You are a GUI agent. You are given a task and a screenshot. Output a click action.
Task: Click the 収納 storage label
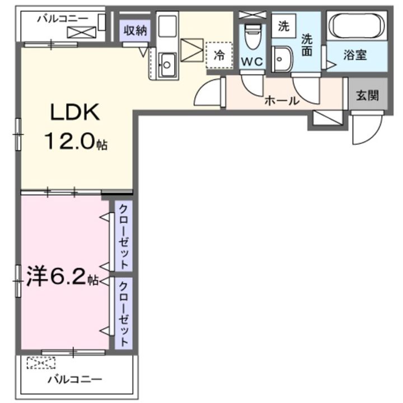[135, 31]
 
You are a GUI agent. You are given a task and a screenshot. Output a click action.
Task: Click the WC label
[252, 62]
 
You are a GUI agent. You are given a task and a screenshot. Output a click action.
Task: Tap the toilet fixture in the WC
[252, 37]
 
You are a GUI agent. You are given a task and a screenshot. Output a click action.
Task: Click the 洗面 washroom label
[308, 45]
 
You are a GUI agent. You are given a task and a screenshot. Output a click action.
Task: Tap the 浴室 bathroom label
[355, 56]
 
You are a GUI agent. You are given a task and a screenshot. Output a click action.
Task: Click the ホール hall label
[282, 101]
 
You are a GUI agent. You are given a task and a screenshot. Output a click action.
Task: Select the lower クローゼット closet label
[124, 313]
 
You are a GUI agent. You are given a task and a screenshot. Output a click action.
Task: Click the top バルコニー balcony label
[63, 18]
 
